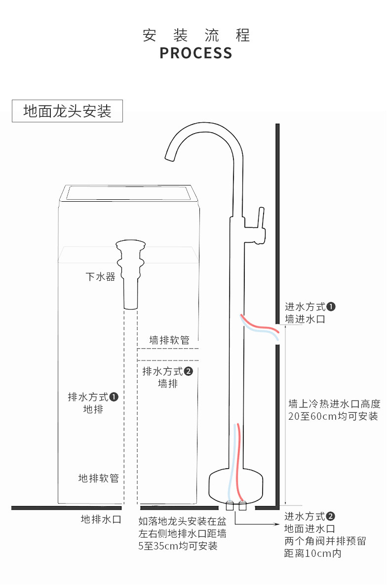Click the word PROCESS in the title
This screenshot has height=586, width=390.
[x=195, y=53]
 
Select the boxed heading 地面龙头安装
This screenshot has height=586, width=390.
[x=67, y=111]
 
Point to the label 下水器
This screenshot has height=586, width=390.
[x=100, y=277]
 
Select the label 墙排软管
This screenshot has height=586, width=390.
[x=169, y=340]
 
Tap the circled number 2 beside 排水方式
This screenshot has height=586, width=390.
[x=189, y=371]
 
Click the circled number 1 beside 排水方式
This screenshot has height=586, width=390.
[x=114, y=397]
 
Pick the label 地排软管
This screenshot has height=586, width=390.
[x=98, y=478]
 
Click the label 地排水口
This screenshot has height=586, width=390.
[x=101, y=519]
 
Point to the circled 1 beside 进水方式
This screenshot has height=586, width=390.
[x=331, y=307]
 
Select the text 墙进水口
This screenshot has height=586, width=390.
[x=305, y=319]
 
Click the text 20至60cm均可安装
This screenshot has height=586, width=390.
[x=333, y=416]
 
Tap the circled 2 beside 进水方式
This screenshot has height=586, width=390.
[x=331, y=516]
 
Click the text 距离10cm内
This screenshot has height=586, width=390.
[x=312, y=553]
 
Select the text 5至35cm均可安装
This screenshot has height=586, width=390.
[x=178, y=546]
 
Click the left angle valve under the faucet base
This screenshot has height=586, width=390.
[x=230, y=506]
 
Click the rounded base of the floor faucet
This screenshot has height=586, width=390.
[x=235, y=485]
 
